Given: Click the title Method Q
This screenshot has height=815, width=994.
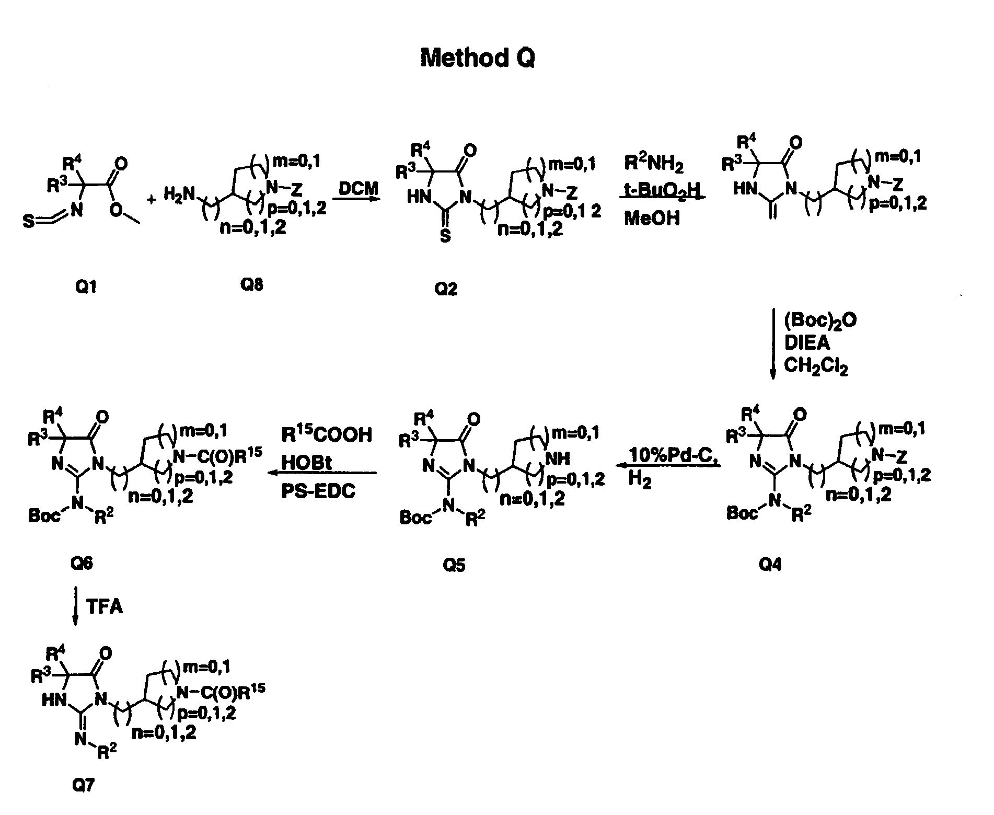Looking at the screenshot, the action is [478, 58].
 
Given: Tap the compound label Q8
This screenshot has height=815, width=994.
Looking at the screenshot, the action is [251, 285].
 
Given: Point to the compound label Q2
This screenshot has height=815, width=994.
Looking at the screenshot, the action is [446, 289].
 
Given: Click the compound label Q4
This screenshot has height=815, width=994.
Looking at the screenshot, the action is [770, 565].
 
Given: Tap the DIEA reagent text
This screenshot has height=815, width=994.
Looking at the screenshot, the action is [807, 343].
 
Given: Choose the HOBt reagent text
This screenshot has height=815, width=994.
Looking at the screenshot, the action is [306, 463].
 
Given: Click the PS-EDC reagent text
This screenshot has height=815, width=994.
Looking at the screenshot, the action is [318, 491].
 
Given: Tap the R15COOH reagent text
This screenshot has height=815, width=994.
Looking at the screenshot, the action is [327, 433].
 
